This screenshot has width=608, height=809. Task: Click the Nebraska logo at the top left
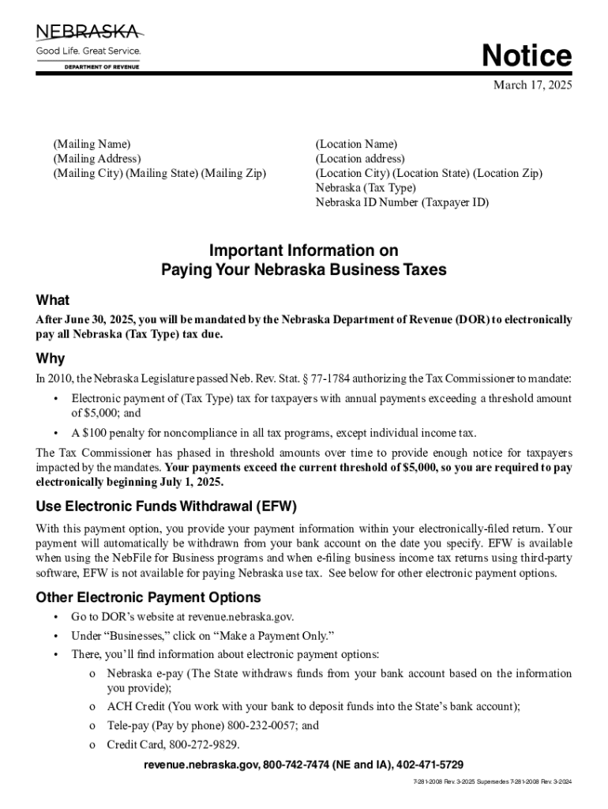(88, 46)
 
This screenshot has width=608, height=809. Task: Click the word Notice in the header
(527, 56)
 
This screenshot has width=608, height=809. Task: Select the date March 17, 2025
(532, 85)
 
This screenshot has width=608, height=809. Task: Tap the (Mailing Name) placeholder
(92, 144)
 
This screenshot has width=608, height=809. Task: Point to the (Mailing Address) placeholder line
(96, 159)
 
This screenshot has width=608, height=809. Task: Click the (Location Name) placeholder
(356, 144)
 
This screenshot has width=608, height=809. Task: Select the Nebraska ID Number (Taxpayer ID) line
(402, 202)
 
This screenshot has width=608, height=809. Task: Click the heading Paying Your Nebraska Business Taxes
(304, 269)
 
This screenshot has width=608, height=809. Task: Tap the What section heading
(53, 300)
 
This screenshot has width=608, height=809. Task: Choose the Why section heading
(51, 359)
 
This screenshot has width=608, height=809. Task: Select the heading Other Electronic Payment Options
(148, 597)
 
